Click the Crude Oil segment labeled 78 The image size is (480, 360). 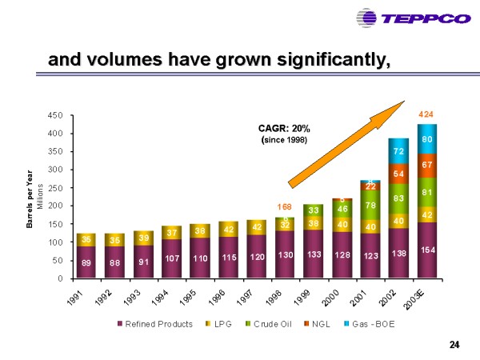tap(370, 206)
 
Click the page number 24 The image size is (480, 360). tap(454, 345)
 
